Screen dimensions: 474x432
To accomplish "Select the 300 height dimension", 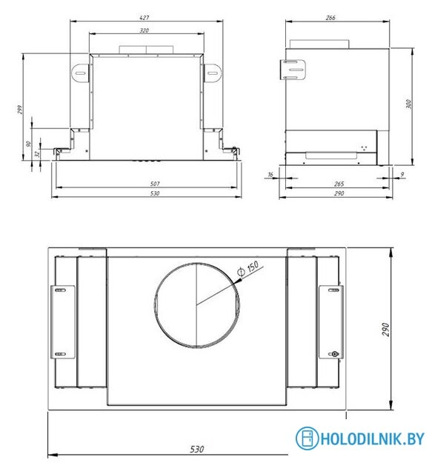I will coord(408,104).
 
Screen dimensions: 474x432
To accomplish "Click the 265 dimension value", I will coord(338,184).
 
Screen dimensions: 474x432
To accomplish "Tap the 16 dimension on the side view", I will coord(270,174).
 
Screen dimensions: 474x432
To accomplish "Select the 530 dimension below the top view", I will coord(196,450).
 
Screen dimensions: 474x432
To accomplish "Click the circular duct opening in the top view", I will coord(196,304).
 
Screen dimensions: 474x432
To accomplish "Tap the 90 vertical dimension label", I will coord(28,144).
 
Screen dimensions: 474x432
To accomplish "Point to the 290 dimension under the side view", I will coord(338,193).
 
